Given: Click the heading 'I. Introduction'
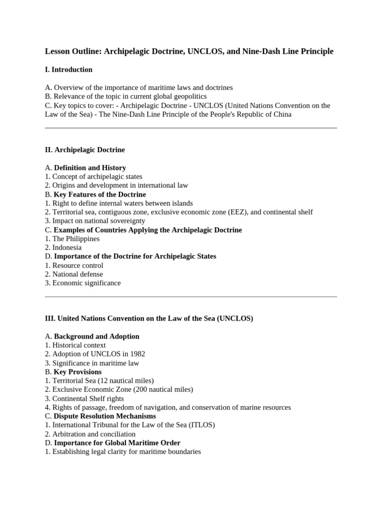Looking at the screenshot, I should coord(69,70).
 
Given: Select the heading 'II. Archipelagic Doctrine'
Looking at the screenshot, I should coord(85,150).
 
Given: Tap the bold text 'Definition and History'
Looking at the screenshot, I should coord(90,168).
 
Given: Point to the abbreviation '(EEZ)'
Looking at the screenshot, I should coord(239,212).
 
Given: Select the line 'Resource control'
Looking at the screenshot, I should coord(78,265).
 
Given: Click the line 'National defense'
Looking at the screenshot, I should coord(78,274).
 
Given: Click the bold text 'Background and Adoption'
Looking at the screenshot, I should coord(96,337).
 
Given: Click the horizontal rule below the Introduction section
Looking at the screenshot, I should coord(191,128).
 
